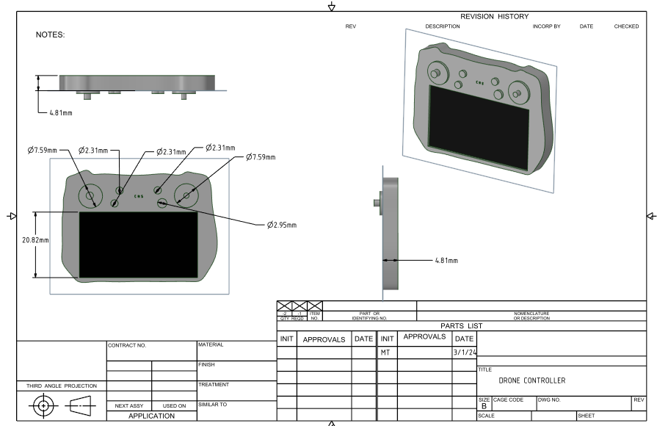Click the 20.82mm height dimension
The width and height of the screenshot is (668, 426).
coord(35,240)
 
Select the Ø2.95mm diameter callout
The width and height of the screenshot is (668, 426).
coord(282,225)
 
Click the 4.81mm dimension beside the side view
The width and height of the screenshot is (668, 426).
coord(446,260)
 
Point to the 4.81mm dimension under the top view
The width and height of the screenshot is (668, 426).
coord(60,113)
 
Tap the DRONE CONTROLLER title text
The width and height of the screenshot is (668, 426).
coord(532,380)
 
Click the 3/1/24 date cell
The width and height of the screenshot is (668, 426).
coord(464,353)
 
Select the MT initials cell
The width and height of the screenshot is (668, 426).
coord(386,353)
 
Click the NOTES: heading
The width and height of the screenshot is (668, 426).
coord(51,35)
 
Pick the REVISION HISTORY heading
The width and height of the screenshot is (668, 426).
coord(494,16)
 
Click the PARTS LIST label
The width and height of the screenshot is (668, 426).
coord(461,325)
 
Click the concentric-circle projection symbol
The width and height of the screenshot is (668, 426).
coord(43,405)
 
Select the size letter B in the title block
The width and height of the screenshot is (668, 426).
coord(484,405)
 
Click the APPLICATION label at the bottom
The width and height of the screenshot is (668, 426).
coord(152,416)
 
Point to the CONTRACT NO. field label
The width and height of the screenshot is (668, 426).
coord(127,344)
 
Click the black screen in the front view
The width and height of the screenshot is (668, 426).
coord(138,245)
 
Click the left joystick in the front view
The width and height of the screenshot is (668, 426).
coord(90,196)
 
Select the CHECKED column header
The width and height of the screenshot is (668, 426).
coord(626,26)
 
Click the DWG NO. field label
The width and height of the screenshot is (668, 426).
coord(548,400)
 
